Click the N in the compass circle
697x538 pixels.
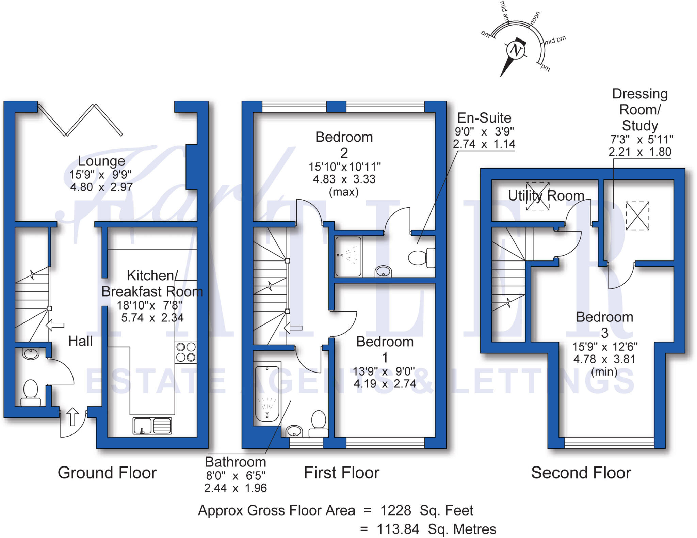516,50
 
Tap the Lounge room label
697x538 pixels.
101,161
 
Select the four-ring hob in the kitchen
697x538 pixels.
186,352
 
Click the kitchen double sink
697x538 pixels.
152,426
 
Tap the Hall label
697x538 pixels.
80,341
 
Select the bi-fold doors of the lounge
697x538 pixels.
80,120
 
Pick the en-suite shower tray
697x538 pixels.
348,256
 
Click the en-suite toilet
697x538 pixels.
421,257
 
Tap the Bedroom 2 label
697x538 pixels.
344,145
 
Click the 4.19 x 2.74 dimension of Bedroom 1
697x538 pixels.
385,384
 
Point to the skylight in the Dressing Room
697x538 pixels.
637,216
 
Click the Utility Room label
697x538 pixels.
546,196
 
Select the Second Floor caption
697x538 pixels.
581,473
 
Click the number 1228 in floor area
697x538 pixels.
395,510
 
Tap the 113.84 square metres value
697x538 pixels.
398,529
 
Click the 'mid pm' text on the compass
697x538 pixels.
555,41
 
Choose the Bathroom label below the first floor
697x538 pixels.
236,462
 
